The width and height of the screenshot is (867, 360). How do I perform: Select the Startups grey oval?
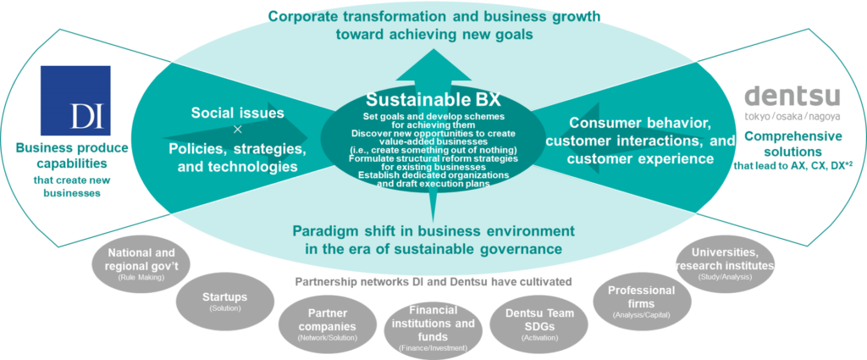225,301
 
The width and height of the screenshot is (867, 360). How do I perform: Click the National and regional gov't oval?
141,263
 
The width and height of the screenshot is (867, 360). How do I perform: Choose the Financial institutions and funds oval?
433,329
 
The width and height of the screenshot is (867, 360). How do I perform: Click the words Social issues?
237,113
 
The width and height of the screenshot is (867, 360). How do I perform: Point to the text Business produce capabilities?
72,156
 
